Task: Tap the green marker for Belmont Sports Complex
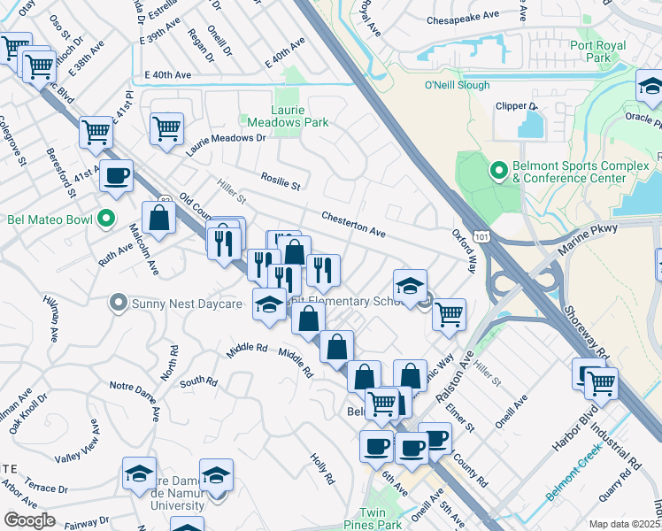[x=497, y=169]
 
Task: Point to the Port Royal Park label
[x=597, y=51]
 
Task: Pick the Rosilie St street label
[x=281, y=182]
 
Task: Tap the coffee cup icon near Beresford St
[x=116, y=176]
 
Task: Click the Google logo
[x=29, y=520]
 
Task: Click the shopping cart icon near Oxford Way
[x=450, y=312]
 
